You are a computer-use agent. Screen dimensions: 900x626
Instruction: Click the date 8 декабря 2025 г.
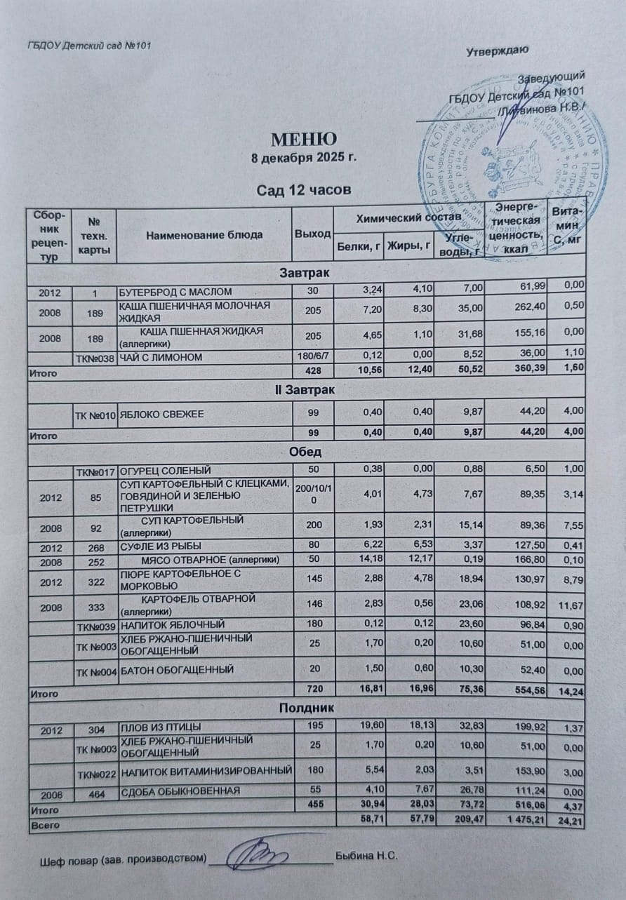[x=304, y=157]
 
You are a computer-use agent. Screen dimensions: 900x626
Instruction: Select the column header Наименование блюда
[x=204, y=235]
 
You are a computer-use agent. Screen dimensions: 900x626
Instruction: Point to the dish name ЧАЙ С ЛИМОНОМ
[x=161, y=358]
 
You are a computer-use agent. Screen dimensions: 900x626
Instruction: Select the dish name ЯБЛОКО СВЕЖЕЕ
[x=162, y=415]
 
